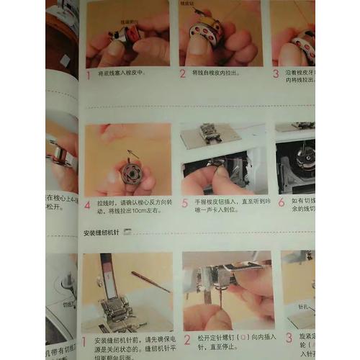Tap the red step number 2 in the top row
click(183, 73)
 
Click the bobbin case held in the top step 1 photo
click(130, 32)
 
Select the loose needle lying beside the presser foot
click(150, 282)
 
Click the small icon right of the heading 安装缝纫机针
click(129, 233)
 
